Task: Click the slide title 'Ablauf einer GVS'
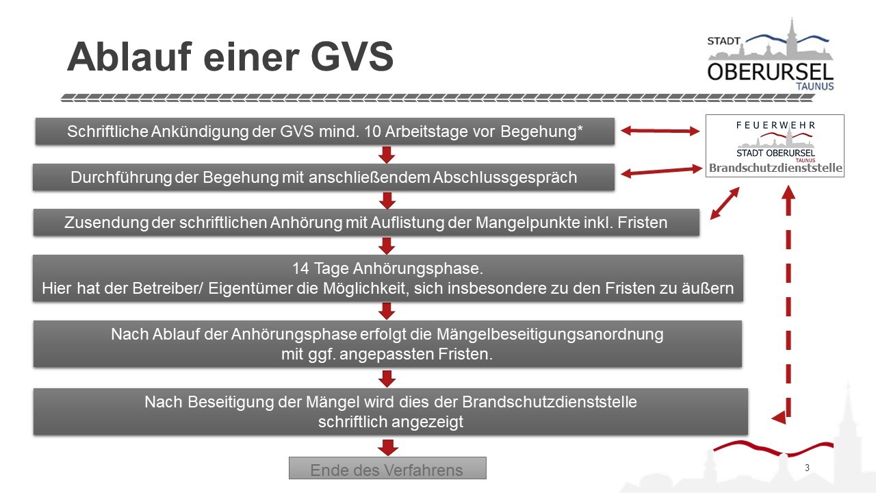pos(230,57)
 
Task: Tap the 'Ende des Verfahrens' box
pos(387,468)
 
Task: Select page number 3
pos(807,468)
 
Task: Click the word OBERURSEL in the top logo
pos(770,72)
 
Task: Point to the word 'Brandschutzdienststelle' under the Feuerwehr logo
pos(775,168)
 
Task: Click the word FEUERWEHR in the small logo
pos(776,125)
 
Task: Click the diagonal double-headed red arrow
pos(725,203)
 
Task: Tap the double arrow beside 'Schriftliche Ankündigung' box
pos(660,131)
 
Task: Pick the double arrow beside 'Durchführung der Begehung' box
pos(662,171)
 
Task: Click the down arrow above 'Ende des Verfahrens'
pos(388,448)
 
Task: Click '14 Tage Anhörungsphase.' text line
pos(387,268)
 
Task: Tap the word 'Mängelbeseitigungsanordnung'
pos(550,335)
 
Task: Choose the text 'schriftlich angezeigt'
pos(391,422)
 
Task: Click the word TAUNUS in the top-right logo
pos(815,86)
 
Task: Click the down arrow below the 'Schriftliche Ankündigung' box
pos(387,155)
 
